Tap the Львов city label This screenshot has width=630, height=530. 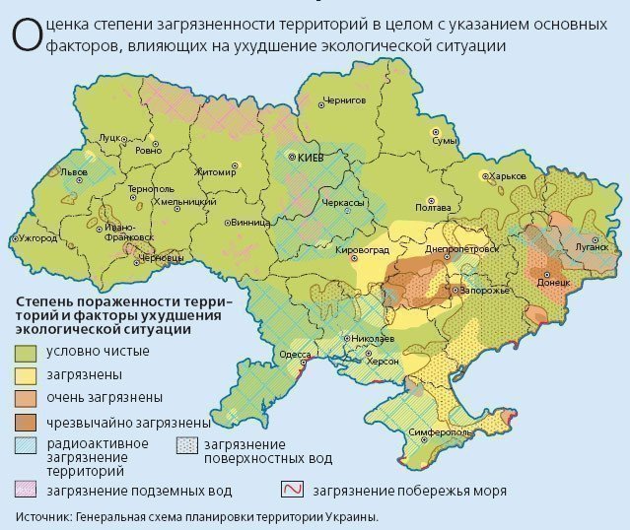74,171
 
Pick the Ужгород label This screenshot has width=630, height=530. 38,238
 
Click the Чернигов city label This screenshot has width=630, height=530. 345,99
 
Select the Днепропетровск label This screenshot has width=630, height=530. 461,249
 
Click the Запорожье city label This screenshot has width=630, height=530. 486,291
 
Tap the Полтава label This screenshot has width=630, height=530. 433,207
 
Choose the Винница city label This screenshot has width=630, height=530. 250,222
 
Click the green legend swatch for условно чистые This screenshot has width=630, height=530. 26,352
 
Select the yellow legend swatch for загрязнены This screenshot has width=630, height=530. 26,375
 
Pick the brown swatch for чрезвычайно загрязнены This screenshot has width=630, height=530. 26,421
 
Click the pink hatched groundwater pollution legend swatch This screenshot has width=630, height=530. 26,490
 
